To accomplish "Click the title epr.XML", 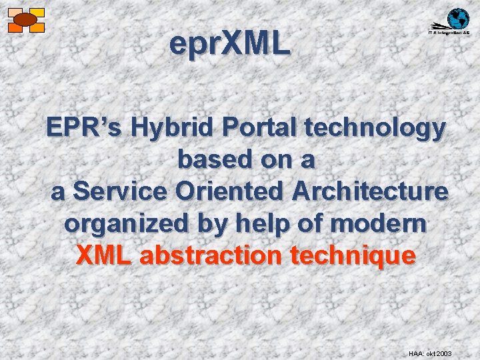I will (x=230, y=45).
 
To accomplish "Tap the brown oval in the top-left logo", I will (x=25, y=20).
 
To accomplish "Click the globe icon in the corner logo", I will (x=458, y=18).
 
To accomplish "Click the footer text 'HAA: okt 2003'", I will (x=430, y=352).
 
